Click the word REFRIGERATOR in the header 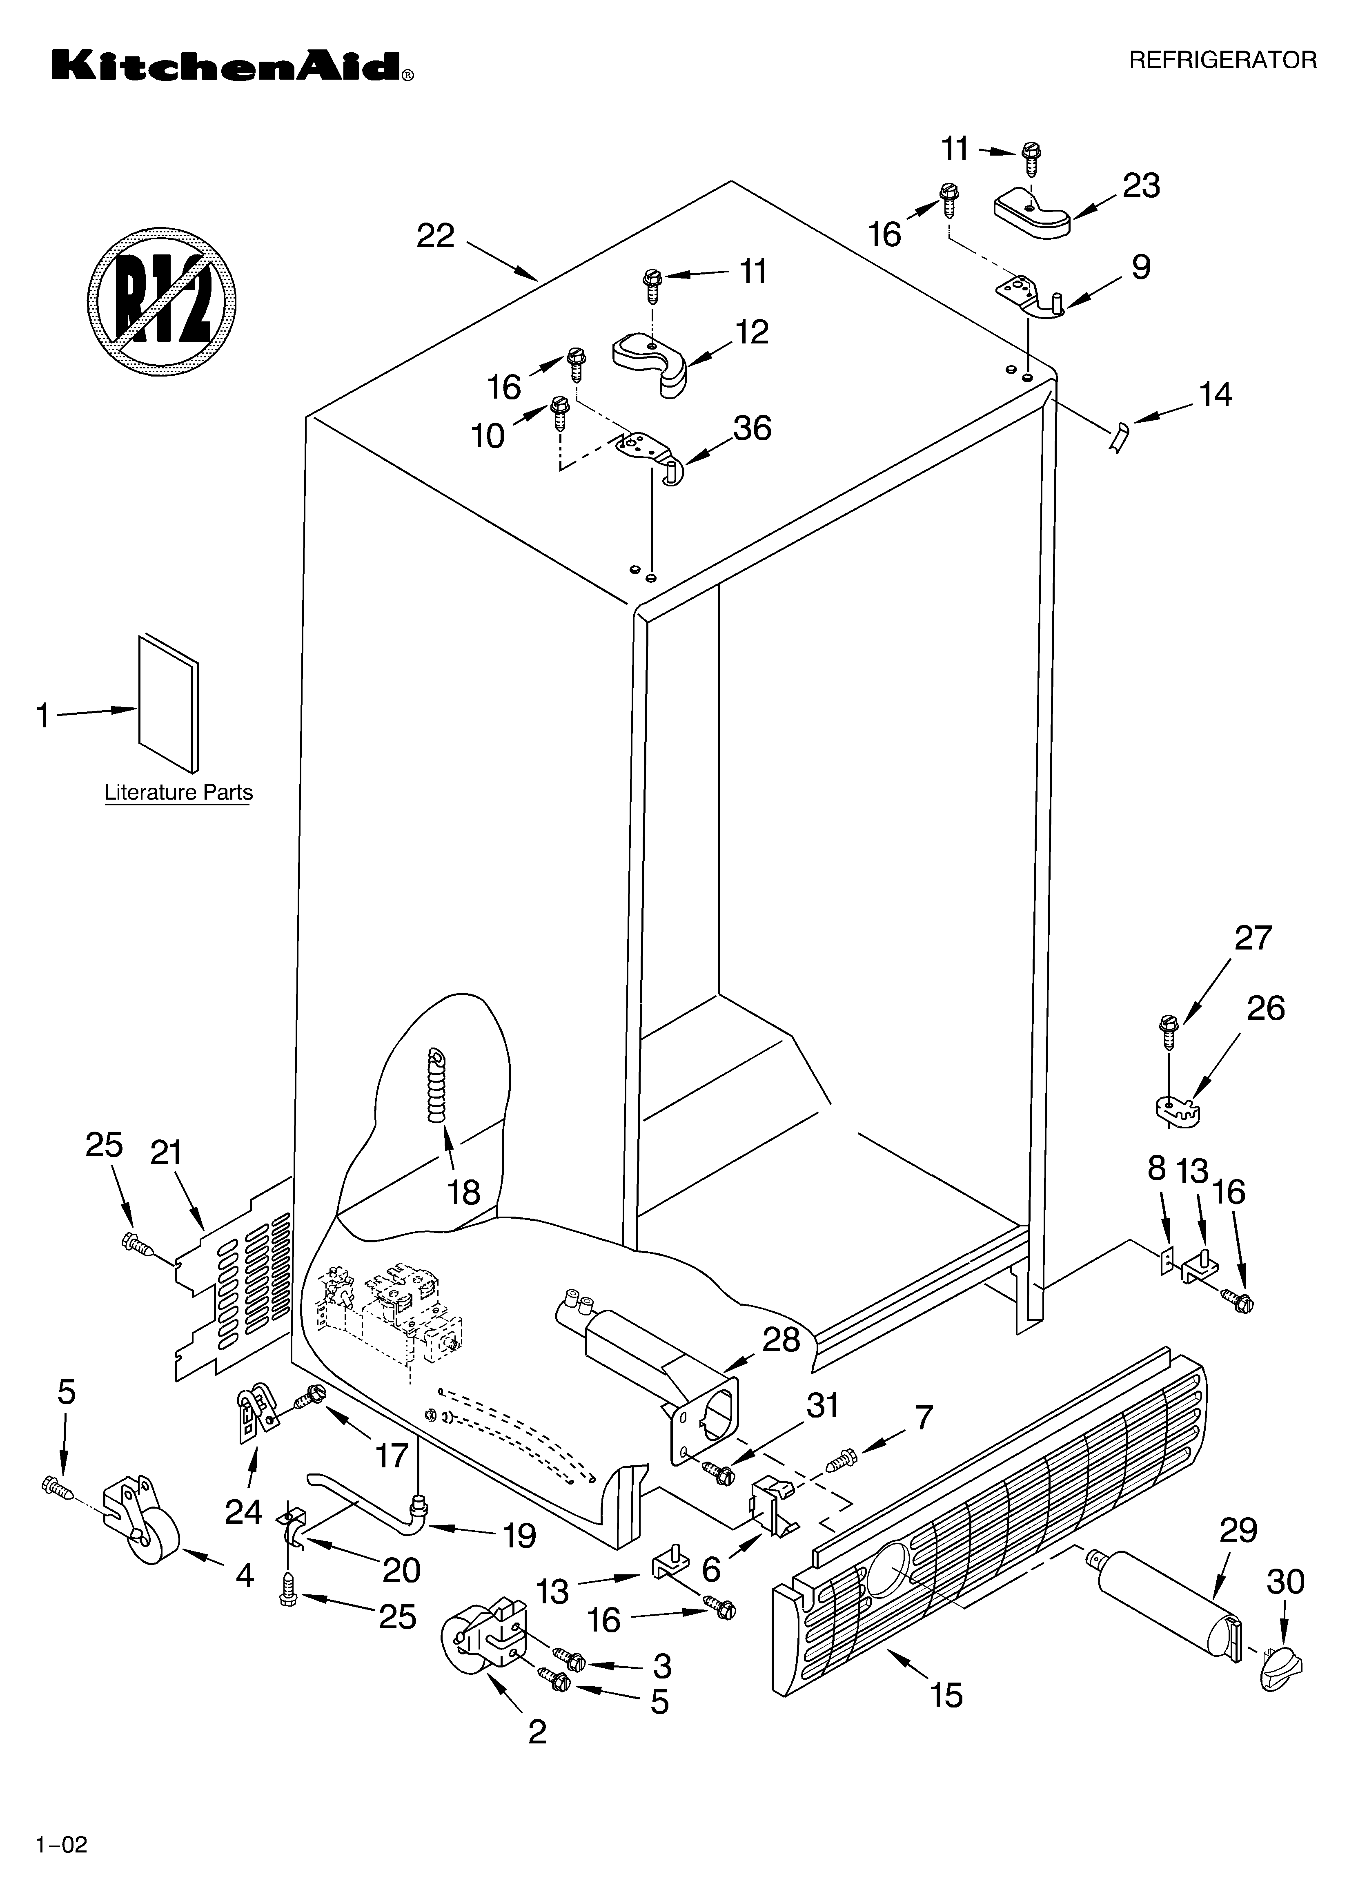pyautogui.click(x=1222, y=60)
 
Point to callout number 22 pyautogui.click(x=435, y=236)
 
